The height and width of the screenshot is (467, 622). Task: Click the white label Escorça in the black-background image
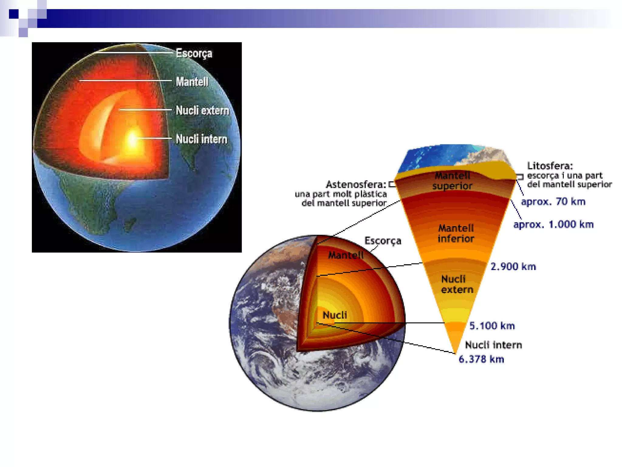194,54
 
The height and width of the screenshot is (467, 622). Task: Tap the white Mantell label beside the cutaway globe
192,82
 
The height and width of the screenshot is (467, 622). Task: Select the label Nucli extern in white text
202,110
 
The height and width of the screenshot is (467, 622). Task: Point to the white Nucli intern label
201,139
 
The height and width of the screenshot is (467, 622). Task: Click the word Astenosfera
356,185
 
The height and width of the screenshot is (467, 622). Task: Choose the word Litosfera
550,166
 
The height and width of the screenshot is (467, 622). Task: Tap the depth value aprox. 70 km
553,202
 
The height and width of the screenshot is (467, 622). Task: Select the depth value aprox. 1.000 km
553,225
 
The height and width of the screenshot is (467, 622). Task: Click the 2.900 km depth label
513,267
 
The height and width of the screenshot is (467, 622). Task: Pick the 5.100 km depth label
492,326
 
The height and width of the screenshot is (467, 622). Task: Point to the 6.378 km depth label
481,359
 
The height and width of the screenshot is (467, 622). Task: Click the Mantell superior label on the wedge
452,181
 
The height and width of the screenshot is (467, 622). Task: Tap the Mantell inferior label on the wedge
456,233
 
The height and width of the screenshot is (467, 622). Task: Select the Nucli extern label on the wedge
457,284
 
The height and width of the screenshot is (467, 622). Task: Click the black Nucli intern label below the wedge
493,345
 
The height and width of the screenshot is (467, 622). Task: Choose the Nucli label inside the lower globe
335,315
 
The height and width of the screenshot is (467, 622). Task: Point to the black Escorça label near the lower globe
383,241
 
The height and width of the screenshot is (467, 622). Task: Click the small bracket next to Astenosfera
392,184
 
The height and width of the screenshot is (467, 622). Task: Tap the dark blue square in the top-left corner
14,14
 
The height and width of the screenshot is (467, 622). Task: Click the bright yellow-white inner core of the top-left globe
133,140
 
